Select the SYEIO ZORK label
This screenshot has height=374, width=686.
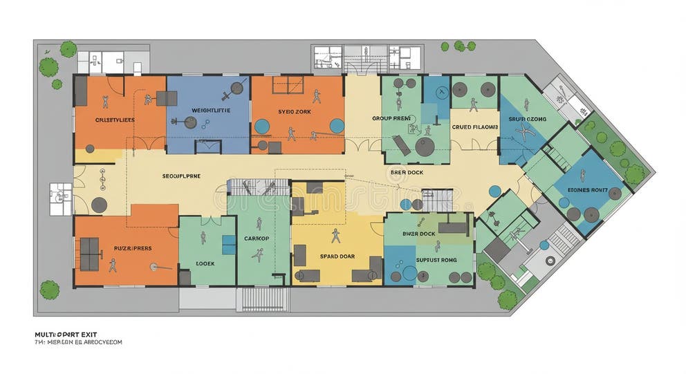[x=295, y=111]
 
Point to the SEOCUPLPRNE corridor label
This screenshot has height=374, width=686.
[x=181, y=176]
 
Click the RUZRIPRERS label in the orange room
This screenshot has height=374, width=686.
[x=133, y=247]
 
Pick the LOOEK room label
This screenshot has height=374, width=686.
[x=205, y=263]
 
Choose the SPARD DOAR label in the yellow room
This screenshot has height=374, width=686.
[x=337, y=256]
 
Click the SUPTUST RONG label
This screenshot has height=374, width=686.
[x=436, y=260]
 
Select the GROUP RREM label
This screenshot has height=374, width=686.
[x=391, y=118]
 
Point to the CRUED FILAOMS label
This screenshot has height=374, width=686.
[x=475, y=127]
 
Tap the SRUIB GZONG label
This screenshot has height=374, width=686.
[x=527, y=119]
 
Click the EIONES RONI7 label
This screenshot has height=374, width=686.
[x=587, y=189]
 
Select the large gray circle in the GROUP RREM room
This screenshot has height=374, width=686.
[x=424, y=147]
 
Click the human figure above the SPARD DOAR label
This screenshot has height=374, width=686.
[x=336, y=236]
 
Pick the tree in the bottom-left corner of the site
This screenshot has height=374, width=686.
[x=49, y=290]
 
